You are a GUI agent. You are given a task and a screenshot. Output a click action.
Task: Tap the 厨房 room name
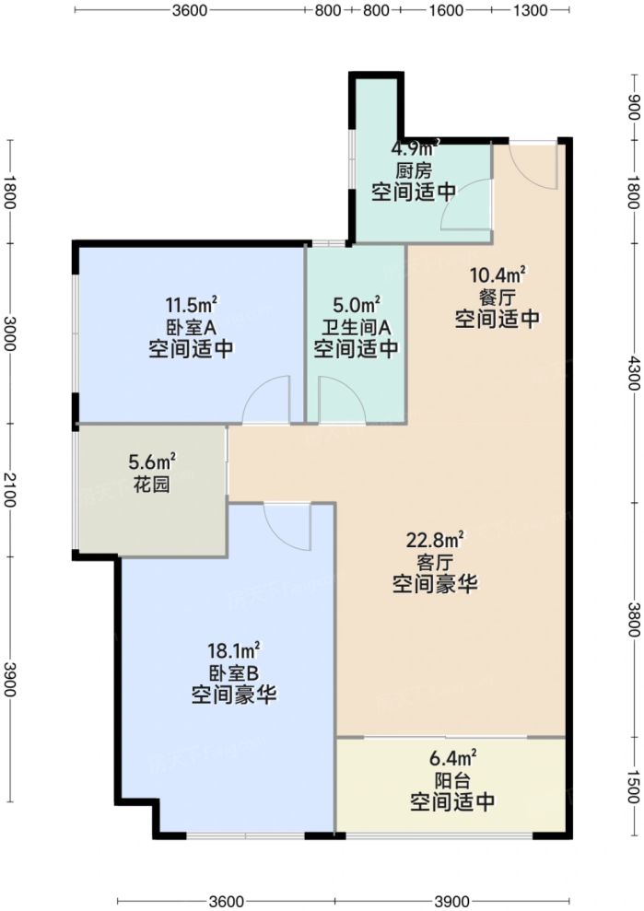(414, 170)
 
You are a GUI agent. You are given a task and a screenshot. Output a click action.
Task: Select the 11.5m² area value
(191, 304)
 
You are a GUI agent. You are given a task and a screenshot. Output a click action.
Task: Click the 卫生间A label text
(356, 326)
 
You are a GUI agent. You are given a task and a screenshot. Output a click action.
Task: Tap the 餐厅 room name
(497, 297)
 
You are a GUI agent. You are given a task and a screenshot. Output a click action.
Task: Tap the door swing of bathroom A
(343, 399)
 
